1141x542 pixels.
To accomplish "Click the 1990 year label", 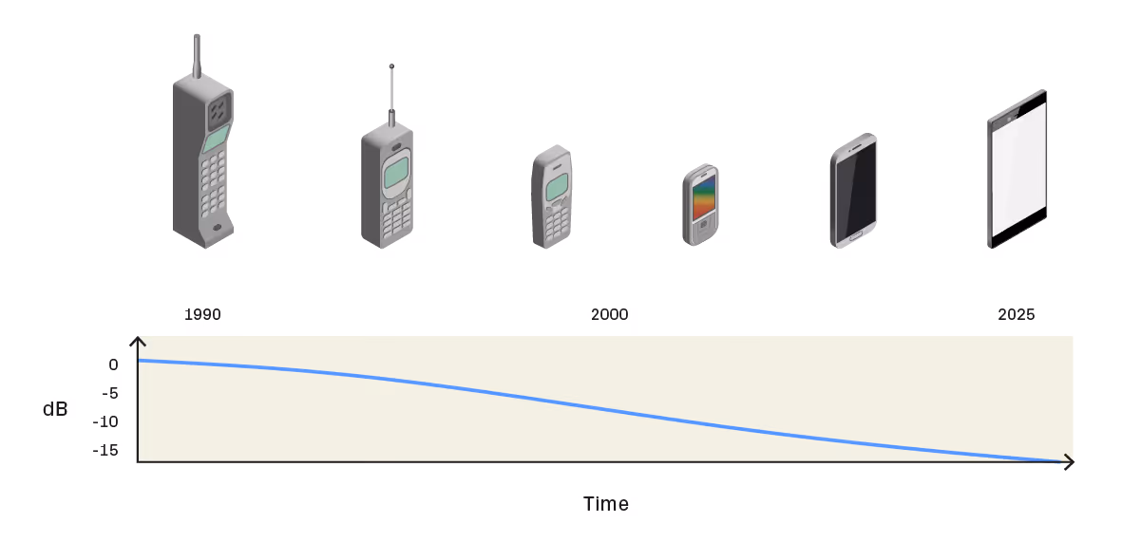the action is pyautogui.click(x=202, y=314).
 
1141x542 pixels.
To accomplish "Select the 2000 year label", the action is pyautogui.click(x=609, y=314).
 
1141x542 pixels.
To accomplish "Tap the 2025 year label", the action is pyautogui.click(x=1016, y=314).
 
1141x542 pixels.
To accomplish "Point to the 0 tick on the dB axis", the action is pyautogui.click(x=113, y=364).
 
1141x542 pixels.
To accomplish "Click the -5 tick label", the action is pyautogui.click(x=110, y=393).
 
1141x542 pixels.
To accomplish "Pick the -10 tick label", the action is pyautogui.click(x=105, y=421).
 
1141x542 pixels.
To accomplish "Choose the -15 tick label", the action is pyautogui.click(x=105, y=450).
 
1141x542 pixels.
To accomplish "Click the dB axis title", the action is pyautogui.click(x=55, y=409).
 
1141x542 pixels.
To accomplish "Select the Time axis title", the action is pyautogui.click(x=605, y=504).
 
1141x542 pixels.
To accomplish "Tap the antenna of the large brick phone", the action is pyautogui.click(x=197, y=56).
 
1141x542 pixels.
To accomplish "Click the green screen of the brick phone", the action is pyautogui.click(x=216, y=139).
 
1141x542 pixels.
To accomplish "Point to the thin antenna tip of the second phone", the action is pyautogui.click(x=391, y=66).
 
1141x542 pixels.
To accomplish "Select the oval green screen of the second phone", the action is pyautogui.click(x=396, y=173).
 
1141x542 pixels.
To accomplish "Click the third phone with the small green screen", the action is pyautogui.click(x=552, y=196).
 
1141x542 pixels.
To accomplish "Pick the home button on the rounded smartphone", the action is pyautogui.click(x=856, y=234).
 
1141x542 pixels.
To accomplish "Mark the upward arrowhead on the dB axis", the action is pyautogui.click(x=138, y=342).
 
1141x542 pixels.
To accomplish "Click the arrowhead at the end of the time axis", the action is pyautogui.click(x=1069, y=462).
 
